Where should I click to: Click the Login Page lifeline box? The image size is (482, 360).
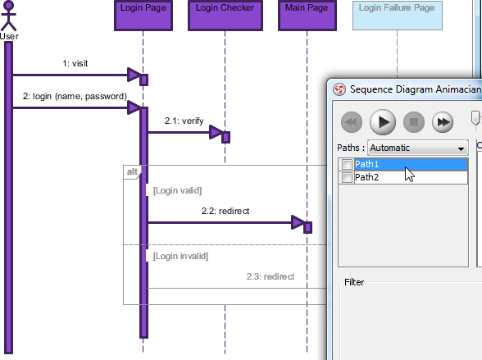143,16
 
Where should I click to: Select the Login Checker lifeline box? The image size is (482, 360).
225,16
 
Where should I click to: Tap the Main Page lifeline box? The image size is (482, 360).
307,16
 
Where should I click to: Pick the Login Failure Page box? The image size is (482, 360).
397,16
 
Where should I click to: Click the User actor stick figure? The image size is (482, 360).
8,16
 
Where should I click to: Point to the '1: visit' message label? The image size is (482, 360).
75,63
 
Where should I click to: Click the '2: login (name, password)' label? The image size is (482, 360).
75,96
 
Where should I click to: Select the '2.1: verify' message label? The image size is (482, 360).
184,121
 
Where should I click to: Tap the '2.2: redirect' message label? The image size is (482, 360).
225,211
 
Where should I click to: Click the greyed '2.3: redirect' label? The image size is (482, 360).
271,276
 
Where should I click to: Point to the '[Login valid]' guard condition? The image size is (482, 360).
177,190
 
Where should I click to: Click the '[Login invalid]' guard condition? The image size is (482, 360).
180,256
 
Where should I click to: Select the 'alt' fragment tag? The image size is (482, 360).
132,171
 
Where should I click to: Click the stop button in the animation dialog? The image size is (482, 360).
414,122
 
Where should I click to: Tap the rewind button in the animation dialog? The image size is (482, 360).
352,122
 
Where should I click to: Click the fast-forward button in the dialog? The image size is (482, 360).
443,122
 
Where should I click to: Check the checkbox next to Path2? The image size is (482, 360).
347,177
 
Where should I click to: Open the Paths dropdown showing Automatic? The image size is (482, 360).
418,148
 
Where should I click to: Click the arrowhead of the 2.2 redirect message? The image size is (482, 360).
298,222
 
